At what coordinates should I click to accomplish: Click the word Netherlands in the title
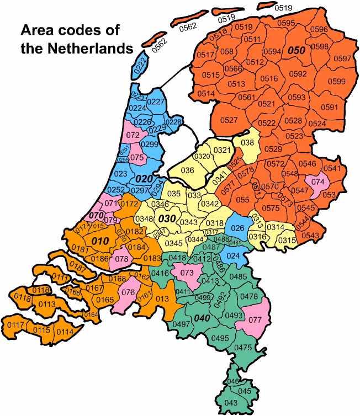[96, 48]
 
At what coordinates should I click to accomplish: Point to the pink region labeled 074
[319, 180]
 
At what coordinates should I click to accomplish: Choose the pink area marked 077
[255, 318]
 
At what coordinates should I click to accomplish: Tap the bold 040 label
[202, 319]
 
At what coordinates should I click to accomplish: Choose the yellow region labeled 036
[188, 170]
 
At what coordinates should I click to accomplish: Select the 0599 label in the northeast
[337, 82]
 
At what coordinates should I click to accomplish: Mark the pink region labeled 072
[133, 135]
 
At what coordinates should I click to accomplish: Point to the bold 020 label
[144, 179]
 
